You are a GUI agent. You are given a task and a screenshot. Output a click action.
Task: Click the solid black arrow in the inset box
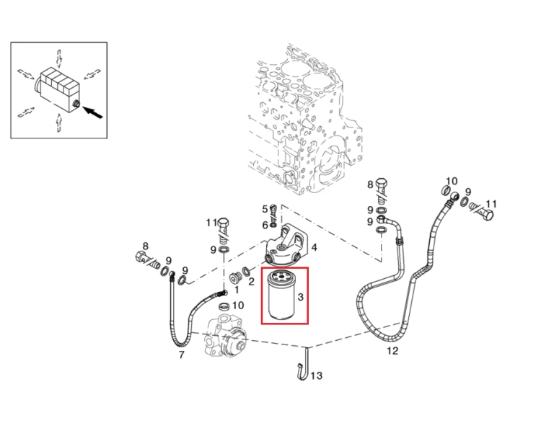point(93,112)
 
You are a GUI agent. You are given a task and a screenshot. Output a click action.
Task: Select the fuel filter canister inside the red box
point(283,295)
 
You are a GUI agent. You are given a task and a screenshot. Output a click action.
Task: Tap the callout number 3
point(300,296)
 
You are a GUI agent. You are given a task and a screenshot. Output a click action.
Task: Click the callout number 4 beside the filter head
point(314,247)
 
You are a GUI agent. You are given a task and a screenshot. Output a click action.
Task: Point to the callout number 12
point(392,351)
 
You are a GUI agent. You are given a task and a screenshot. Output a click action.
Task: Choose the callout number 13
point(317,375)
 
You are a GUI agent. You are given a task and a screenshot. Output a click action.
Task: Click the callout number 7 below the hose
point(182,355)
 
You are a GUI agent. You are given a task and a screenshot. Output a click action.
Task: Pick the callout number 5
point(265,209)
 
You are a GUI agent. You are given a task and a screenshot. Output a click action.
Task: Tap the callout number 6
point(265,225)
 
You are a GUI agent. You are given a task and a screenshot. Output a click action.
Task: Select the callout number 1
point(237,290)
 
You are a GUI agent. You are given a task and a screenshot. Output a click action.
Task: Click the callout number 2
point(251,281)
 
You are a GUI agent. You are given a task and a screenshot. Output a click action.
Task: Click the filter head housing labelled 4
point(285,246)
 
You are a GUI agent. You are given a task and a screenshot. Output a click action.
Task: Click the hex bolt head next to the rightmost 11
point(488,215)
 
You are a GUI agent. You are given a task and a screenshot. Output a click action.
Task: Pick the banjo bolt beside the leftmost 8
point(147,259)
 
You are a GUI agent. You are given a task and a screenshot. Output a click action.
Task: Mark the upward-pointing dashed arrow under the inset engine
point(58,123)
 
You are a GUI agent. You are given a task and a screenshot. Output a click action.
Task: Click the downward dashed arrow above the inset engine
point(59,58)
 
